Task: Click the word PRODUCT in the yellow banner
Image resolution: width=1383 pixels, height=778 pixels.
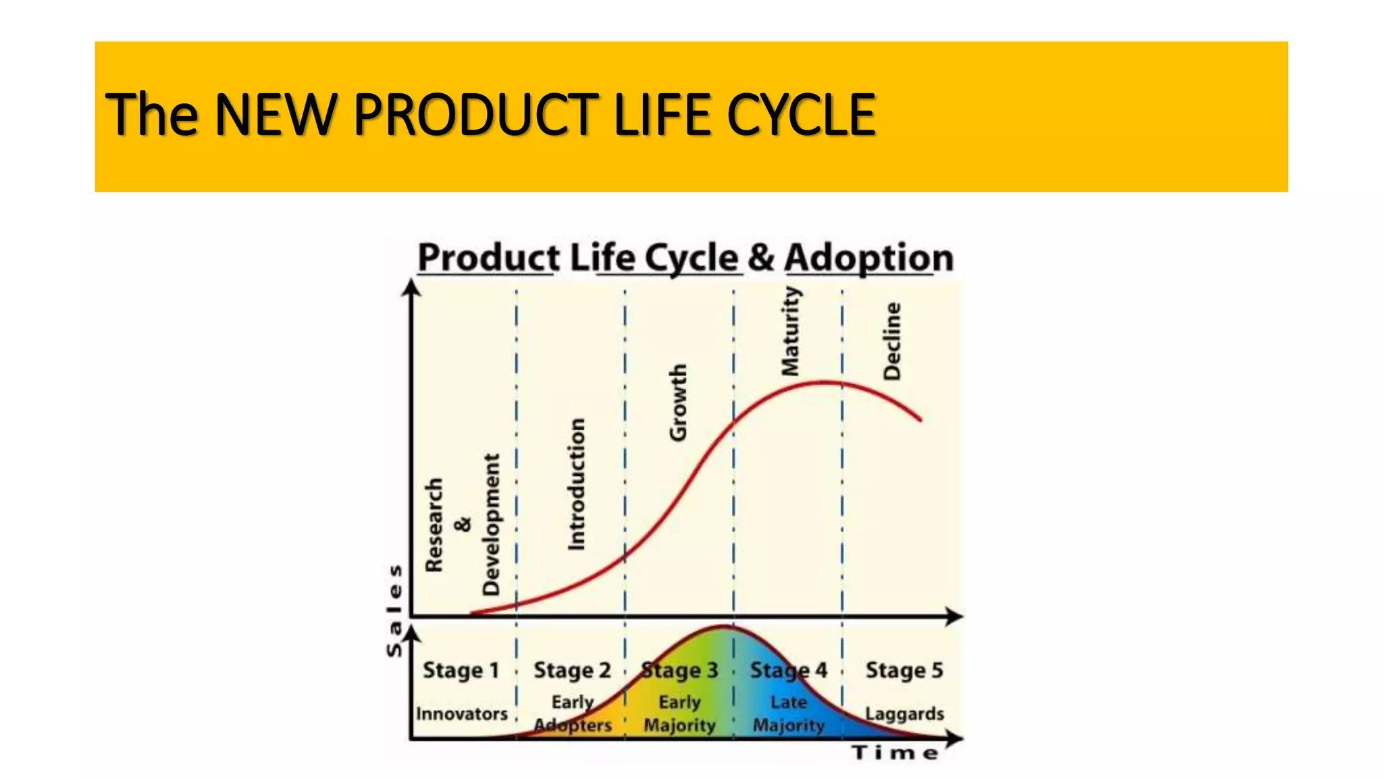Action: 475,115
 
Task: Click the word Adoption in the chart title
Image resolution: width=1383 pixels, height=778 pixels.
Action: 868,258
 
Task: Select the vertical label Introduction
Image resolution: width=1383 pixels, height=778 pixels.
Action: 576,484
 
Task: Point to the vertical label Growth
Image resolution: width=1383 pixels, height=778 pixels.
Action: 677,403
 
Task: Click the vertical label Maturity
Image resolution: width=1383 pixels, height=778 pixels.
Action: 790,331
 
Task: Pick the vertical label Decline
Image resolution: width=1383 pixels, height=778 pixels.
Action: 892,341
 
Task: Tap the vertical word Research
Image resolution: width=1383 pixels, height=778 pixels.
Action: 434,525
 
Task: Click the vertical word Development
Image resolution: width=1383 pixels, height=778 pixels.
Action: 491,525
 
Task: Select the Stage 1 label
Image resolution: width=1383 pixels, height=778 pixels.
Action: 461,671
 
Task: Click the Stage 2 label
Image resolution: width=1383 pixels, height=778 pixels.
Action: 572,671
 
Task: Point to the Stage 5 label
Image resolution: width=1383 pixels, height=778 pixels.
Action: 904,671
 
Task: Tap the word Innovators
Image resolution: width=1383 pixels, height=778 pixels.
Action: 462,714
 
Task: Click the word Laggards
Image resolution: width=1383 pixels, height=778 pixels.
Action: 904,714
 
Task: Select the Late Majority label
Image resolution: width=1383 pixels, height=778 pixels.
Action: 789,714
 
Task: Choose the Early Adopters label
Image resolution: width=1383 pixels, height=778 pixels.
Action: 573,714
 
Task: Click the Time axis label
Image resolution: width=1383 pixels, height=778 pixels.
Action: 895,754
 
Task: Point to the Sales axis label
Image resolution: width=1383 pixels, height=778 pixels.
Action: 394,611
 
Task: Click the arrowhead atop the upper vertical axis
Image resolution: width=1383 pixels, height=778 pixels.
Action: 411,288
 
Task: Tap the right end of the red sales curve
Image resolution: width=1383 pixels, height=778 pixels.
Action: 920,419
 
